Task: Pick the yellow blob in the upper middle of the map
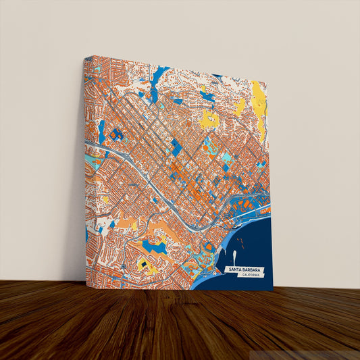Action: point(210,121)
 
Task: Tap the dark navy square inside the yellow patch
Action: point(143,260)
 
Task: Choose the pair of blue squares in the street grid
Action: point(176,147)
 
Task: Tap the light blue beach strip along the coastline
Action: point(203,277)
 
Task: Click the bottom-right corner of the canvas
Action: point(272,290)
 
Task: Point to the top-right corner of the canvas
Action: point(267,82)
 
